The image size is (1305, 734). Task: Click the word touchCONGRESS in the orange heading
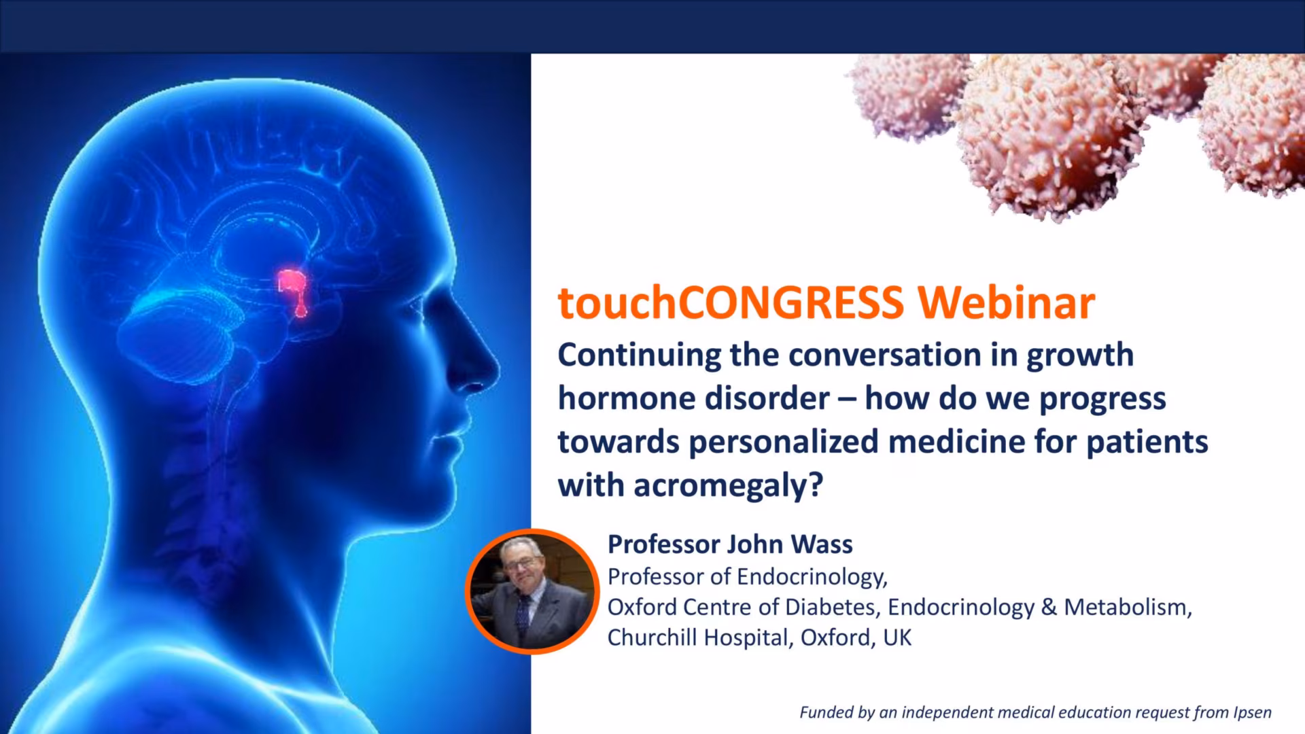tap(731, 303)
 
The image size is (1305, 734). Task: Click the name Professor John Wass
tap(730, 544)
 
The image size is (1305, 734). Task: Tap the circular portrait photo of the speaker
tap(532, 591)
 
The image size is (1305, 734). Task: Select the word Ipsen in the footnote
tap(1251, 713)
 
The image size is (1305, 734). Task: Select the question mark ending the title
tap(816, 485)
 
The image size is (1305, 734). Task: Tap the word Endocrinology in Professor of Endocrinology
tap(812, 577)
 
